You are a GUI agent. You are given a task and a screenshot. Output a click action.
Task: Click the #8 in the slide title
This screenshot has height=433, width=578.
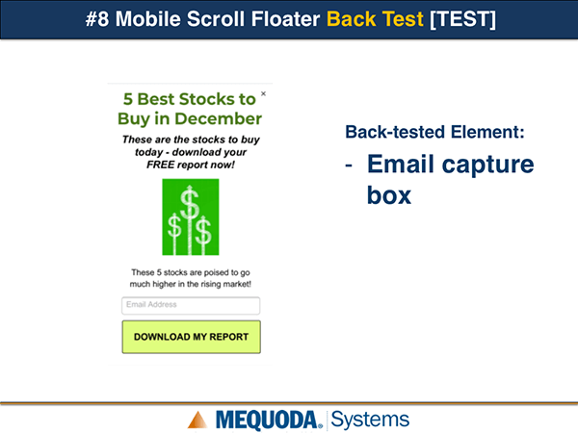[x=97, y=19]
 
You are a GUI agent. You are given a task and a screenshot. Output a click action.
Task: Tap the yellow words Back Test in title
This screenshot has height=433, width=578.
[x=375, y=19]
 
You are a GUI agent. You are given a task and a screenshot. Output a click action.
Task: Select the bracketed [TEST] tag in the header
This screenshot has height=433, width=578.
[x=462, y=19]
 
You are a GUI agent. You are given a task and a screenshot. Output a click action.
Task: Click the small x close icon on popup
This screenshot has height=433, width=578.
[x=263, y=93]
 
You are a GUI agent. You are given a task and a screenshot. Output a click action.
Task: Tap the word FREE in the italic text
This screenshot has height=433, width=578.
[x=160, y=165]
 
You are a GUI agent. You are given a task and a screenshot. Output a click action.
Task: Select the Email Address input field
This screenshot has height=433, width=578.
[x=191, y=306]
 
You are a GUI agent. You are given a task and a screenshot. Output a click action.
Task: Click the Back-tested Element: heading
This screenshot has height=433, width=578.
[x=434, y=132]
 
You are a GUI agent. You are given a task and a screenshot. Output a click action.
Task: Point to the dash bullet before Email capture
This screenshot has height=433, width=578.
[x=349, y=166]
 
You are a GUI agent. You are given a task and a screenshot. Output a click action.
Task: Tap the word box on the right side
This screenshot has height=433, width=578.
[x=389, y=195]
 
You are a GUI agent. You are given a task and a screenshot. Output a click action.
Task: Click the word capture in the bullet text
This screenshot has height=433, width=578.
[x=487, y=165]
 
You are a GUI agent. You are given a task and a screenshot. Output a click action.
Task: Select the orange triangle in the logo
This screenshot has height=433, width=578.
[x=197, y=420]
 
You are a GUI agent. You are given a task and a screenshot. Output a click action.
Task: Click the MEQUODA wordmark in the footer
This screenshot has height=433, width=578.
[x=267, y=420]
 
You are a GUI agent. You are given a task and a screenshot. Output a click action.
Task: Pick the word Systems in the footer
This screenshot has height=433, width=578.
[x=370, y=420]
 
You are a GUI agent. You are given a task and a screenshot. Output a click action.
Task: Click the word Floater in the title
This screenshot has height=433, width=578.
[x=285, y=19]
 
